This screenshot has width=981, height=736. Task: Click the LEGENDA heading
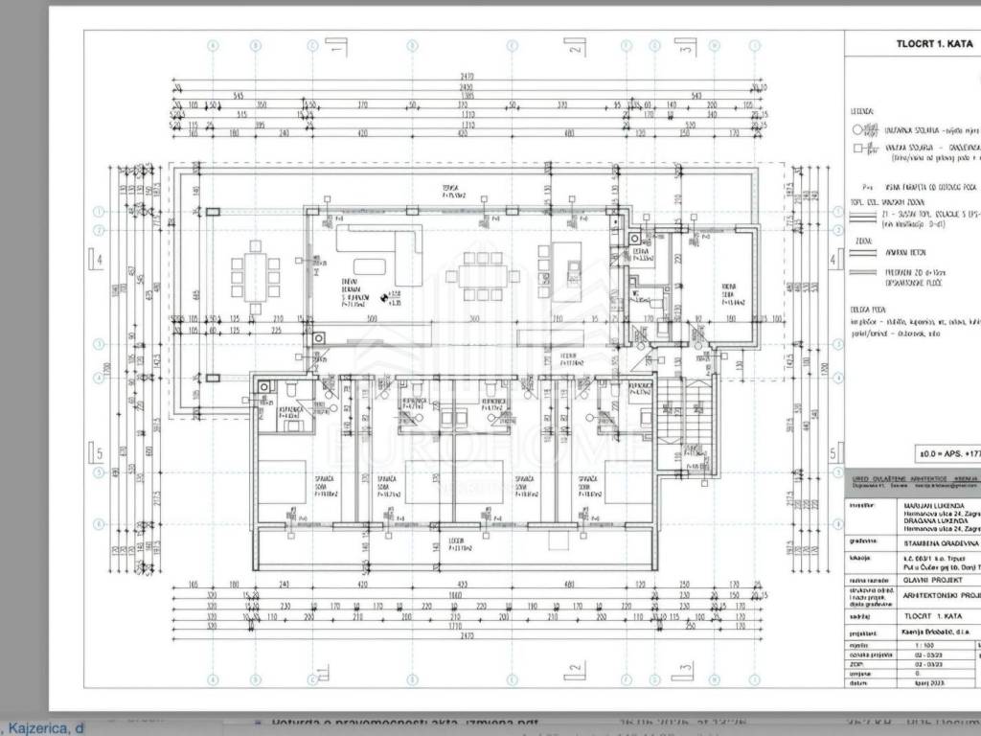[x=860, y=111]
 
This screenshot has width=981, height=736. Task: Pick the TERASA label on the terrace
[x=450, y=186]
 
